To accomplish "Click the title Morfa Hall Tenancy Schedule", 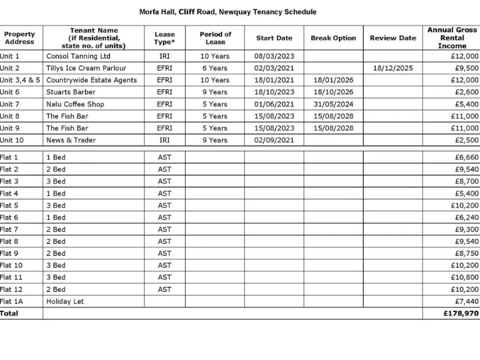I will click(227, 12).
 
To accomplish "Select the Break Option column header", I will click(333, 38).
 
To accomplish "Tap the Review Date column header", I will click(392, 38).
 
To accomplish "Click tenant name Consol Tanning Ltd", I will click(78, 56).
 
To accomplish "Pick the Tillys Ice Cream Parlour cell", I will click(86, 68).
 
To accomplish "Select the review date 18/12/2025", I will click(392, 68).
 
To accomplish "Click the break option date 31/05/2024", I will click(333, 104).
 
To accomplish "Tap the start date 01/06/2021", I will click(274, 104).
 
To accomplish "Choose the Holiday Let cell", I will click(65, 301).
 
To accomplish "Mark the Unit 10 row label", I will click(12, 140).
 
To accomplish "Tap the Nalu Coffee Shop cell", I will click(75, 104).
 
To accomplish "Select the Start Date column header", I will click(274, 38).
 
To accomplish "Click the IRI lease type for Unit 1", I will click(164, 56).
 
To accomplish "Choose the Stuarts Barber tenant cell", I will click(71, 92).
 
